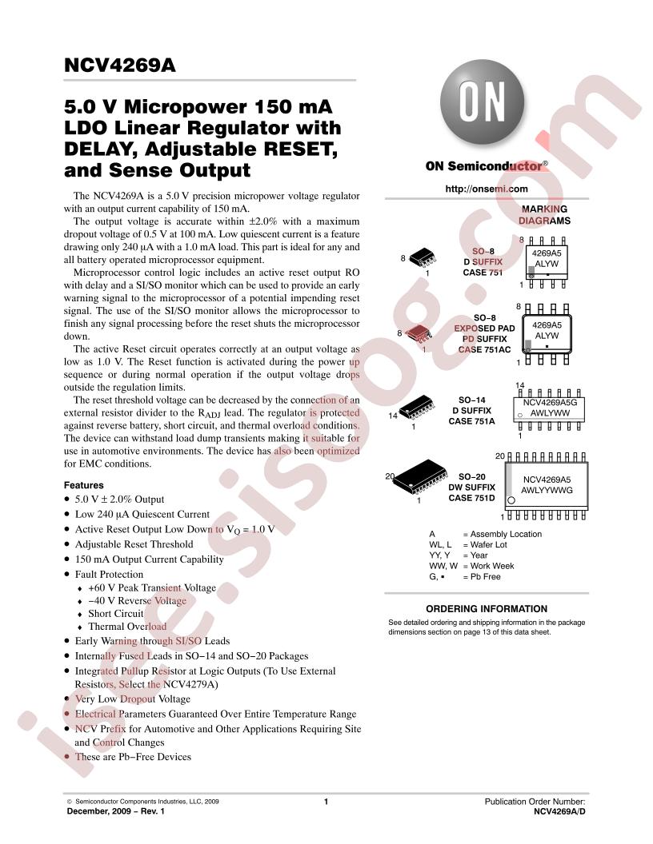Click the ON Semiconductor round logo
coord(482,102)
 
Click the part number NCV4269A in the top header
coord(119,65)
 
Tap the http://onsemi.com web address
coord(486,189)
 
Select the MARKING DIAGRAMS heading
coord(544,215)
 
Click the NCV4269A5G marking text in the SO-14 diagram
coord(550,402)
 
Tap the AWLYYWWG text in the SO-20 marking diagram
coord(547,491)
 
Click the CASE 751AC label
coord(484,350)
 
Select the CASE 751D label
coord(471,499)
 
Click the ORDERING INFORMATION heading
coord(487,609)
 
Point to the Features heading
coord(83,485)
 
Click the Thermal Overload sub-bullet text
coord(127,627)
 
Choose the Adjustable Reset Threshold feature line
coord(134,544)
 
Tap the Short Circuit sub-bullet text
coord(116,614)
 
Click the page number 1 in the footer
coord(326,802)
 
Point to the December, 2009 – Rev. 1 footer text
coord(115,811)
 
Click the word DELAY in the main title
coord(101,149)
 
